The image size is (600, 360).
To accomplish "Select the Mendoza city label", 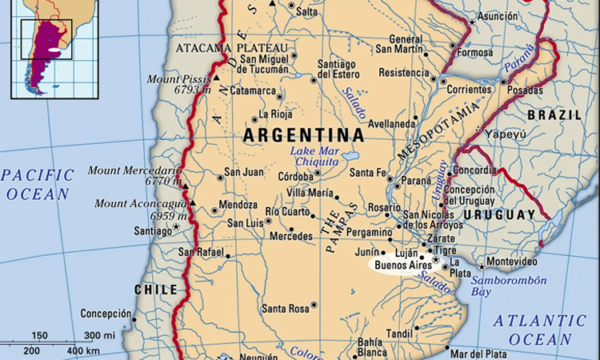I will (x=238, y=205).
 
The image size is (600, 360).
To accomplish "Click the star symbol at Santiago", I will (x=177, y=230).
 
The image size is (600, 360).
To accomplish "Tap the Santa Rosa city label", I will (x=286, y=308).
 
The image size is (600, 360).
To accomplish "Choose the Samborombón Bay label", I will (x=509, y=286).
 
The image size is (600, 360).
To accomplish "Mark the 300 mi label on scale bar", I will (x=99, y=335).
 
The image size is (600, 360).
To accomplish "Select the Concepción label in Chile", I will (x=106, y=314).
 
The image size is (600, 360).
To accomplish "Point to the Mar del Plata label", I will (x=478, y=354).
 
